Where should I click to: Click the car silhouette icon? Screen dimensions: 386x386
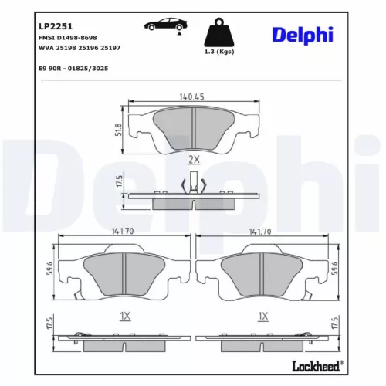[164, 25]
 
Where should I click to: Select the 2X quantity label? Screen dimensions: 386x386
[193, 160]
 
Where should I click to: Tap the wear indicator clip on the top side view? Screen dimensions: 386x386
[193, 185]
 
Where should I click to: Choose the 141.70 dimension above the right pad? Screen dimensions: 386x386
[262, 230]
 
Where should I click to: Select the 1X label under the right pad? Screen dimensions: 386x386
[262, 315]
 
